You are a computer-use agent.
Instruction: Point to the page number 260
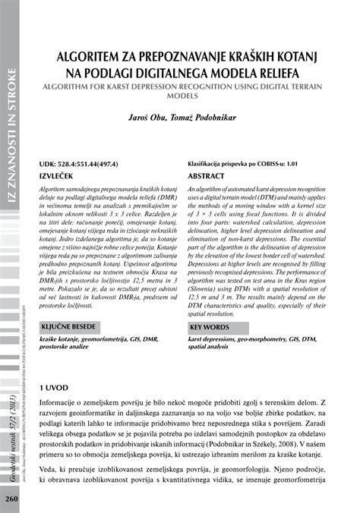coord(11,499)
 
